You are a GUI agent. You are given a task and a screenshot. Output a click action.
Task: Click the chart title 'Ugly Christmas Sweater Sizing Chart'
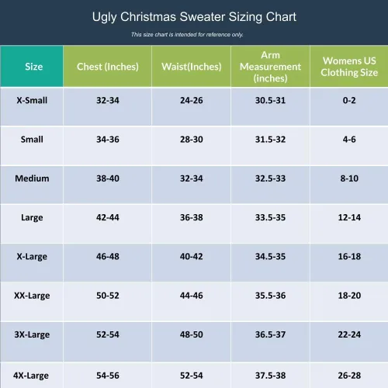point(194,17)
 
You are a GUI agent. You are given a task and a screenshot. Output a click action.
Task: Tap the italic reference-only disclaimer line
point(187,34)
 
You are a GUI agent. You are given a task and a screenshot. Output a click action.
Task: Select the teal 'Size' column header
point(34,67)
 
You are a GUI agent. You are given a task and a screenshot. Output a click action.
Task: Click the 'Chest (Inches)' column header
point(108,67)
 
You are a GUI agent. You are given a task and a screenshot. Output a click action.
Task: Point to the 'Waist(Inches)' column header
point(192,67)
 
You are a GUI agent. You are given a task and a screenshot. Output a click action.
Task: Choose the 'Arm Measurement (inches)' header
point(270,67)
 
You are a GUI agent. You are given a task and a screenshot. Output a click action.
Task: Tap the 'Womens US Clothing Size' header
point(349,67)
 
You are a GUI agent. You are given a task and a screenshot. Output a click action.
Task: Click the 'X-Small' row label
point(32,100)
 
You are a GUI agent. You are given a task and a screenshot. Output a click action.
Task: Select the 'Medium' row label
point(32,178)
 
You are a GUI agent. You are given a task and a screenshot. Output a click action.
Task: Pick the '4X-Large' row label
point(31,376)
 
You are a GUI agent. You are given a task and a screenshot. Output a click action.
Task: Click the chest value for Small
point(108,140)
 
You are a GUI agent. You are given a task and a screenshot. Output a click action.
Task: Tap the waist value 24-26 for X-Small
point(192,100)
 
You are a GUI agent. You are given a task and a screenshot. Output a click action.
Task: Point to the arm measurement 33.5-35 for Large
point(270,217)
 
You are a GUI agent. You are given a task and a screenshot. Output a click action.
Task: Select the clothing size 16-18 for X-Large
point(349,257)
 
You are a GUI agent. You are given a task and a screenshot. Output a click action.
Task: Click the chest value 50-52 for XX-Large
point(108,296)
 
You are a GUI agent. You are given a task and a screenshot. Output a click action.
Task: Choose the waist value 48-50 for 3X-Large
point(192,334)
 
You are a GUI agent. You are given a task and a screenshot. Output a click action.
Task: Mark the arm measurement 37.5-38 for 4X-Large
point(270,376)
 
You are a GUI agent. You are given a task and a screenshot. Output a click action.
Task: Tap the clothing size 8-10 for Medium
point(349,178)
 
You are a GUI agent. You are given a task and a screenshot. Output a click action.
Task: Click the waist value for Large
point(192,217)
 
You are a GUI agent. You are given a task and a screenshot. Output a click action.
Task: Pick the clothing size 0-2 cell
point(349,100)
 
